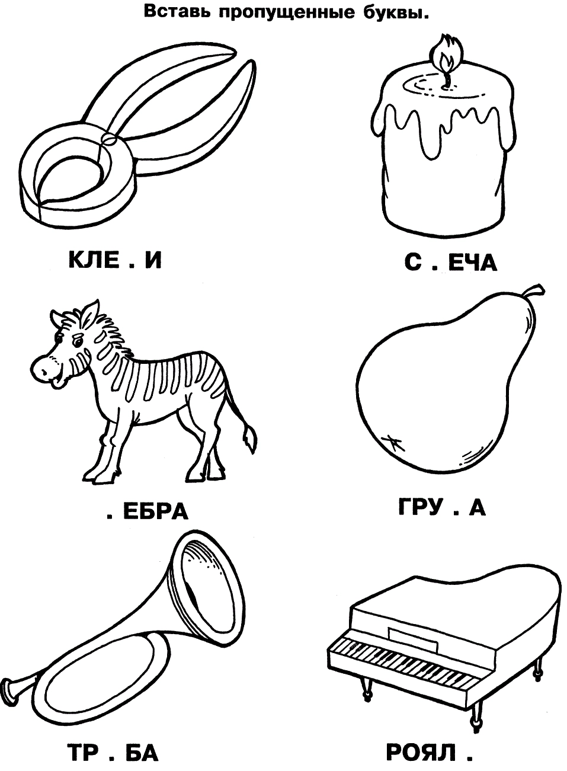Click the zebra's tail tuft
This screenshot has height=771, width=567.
[250, 441]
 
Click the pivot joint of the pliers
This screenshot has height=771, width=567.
[110, 140]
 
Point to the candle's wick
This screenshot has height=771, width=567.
[447, 78]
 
